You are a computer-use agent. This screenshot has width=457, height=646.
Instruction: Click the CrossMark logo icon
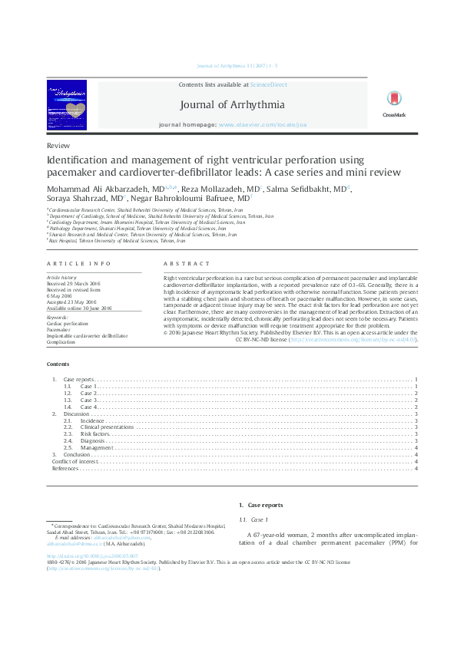pos(393,101)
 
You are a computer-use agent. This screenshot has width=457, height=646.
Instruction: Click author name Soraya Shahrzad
pos(74,197)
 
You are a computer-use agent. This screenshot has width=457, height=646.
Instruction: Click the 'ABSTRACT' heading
pos(181,263)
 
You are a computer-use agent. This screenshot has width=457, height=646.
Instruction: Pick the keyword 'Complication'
pos(61,341)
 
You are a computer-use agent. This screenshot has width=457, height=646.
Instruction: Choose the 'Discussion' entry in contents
pos(76,414)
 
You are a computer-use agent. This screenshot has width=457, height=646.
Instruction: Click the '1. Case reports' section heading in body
pos(260,506)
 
